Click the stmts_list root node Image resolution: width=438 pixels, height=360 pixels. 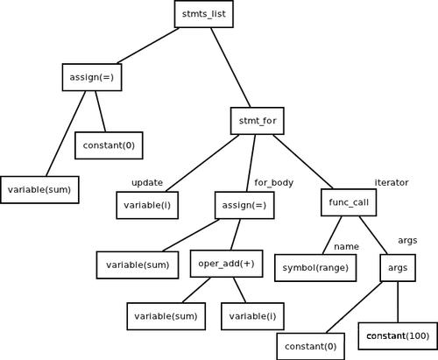204,14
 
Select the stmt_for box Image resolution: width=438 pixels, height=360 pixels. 258,119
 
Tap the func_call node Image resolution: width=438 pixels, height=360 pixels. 348,202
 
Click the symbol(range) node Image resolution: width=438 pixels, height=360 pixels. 315,267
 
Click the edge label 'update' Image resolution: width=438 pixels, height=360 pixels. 146,182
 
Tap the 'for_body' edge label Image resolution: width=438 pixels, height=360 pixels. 273,182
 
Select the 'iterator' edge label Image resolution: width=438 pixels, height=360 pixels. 392,182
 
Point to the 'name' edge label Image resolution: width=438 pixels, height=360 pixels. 346,246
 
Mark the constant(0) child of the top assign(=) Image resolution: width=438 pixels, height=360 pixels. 109,145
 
